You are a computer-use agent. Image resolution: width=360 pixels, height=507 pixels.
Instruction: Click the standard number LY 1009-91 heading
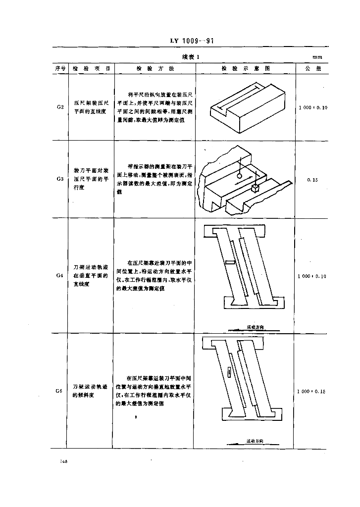(x=191, y=41)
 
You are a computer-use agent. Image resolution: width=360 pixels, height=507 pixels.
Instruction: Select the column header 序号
(x=59, y=69)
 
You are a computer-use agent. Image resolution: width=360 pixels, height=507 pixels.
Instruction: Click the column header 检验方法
(x=154, y=69)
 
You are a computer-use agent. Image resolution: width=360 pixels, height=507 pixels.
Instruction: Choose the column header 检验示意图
(x=245, y=69)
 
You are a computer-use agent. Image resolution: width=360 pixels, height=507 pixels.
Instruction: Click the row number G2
(x=59, y=107)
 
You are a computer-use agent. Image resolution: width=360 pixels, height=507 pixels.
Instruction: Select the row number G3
(x=59, y=180)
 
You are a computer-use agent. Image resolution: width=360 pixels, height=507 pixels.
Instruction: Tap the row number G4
(x=59, y=275)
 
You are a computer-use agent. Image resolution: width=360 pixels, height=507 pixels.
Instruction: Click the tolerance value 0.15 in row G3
(x=312, y=180)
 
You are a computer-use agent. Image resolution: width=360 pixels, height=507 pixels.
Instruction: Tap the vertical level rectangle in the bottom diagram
(x=229, y=372)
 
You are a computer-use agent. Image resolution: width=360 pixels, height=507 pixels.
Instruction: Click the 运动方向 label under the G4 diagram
(x=256, y=327)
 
